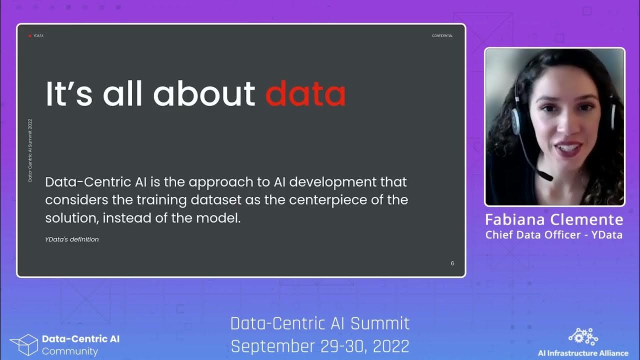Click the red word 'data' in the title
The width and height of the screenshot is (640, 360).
click(305, 93)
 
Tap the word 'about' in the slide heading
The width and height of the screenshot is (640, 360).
click(204, 93)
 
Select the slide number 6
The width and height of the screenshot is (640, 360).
click(452, 263)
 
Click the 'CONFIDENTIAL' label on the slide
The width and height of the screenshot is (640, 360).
click(442, 36)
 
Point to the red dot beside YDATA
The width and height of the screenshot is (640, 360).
click(30, 36)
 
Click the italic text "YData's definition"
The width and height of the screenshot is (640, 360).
click(72, 239)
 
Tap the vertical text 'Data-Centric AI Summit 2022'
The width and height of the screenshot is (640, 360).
click(30, 150)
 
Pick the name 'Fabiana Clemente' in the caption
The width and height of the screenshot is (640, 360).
click(554, 220)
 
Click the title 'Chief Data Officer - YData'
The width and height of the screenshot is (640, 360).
click(554, 234)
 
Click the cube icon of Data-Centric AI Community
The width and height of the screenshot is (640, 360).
click(24, 345)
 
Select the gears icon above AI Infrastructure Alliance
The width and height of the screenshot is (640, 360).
click(583, 337)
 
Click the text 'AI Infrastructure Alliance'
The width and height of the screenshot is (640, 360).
click(583, 353)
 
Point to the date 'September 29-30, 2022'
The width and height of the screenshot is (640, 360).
click(320, 346)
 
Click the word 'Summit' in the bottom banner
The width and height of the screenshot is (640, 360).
click(379, 323)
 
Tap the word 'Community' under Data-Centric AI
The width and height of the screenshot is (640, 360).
click(70, 351)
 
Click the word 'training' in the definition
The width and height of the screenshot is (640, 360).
click(160, 200)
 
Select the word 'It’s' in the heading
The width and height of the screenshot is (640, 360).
click(69, 93)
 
